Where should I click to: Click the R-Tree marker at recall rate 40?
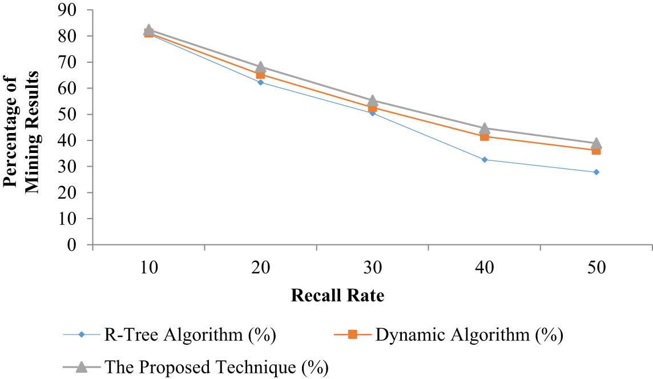(x=485, y=160)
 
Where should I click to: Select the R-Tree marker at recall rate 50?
(x=596, y=172)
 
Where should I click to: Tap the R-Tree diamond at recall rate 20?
(x=260, y=82)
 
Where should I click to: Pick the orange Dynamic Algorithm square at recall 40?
(x=485, y=136)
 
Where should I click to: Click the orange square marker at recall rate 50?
(x=596, y=150)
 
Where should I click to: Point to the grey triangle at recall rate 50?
(x=596, y=143)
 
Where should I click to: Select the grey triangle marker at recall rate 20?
(x=260, y=67)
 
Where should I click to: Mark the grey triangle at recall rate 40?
(x=485, y=128)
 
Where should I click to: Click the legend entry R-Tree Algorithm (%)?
(x=188, y=334)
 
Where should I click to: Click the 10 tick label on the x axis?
(x=148, y=268)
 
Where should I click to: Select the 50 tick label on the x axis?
(x=596, y=268)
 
